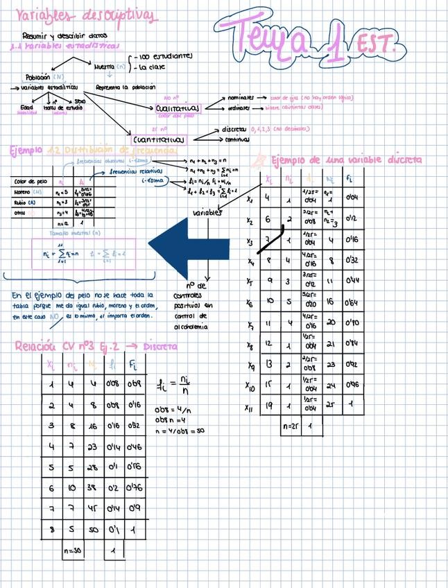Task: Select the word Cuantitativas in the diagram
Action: (x=158, y=139)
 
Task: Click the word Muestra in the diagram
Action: (x=105, y=67)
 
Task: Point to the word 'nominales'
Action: (x=241, y=98)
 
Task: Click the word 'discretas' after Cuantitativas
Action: (x=235, y=130)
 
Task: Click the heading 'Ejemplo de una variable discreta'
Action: (x=345, y=160)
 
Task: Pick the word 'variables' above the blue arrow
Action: (x=207, y=212)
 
